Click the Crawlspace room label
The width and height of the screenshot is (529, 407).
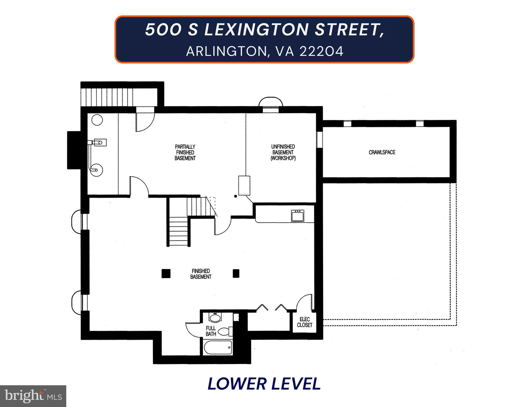pos(382,152)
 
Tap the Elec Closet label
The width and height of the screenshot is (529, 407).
pos(305,322)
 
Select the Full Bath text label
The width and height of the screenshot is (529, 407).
pos(211,331)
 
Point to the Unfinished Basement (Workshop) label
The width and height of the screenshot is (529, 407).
pos(283,152)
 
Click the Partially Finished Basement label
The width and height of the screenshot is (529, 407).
pos(185,152)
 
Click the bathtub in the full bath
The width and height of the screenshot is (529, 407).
pos(218,348)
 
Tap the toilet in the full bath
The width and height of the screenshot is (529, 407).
pos(225,331)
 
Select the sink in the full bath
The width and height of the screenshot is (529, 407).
pos(215,317)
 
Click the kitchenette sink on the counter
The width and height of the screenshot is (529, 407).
pos(298,215)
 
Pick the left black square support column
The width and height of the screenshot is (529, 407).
pos(166,273)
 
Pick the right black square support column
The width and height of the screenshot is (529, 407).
pos(236,273)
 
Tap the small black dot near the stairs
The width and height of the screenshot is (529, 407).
pos(235,196)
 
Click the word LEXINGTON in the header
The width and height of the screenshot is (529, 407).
pos(256,30)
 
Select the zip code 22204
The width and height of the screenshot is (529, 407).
pos(321,51)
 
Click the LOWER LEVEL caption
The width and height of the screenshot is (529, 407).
pos(264,384)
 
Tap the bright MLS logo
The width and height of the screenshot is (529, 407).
pos(33,396)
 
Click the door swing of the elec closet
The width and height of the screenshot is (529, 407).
pos(305,302)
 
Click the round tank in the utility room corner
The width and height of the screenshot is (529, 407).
pos(97,120)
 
